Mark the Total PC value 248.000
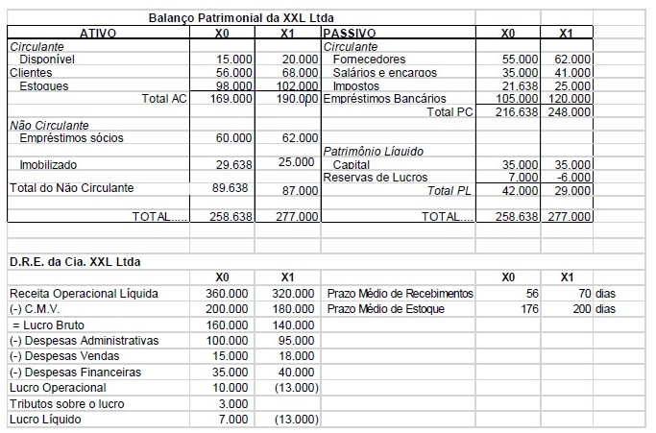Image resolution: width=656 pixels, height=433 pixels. (571, 112)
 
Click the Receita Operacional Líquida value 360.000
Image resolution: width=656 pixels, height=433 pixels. (230, 293)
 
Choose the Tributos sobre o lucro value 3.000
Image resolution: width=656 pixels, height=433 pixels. (234, 404)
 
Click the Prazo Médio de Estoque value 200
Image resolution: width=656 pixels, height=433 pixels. (581, 309)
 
